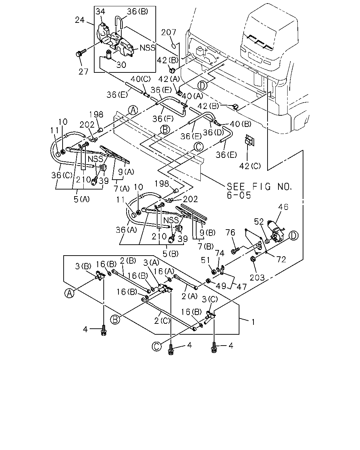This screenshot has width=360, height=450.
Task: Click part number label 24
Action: [80, 20]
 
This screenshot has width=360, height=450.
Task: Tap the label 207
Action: [169, 32]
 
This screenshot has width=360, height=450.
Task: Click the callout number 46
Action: [283, 207]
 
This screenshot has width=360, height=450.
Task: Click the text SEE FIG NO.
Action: [259, 186]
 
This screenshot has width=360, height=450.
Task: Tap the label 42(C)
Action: [250, 166]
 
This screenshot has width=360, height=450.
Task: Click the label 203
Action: [257, 278]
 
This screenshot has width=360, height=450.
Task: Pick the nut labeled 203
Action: [252, 259]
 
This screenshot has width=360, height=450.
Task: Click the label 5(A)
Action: [82, 199]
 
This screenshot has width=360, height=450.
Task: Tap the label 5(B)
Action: [171, 254]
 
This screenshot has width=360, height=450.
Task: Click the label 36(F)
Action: [163, 119]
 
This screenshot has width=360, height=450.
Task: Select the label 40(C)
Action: [141, 79]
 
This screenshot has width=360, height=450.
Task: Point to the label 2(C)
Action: [162, 321]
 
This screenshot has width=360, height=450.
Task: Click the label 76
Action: [230, 232]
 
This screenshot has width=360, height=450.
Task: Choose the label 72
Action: [281, 259]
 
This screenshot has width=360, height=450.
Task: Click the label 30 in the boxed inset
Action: [121, 65]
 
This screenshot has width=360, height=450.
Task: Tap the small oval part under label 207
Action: [174, 46]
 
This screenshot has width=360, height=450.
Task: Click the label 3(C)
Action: [210, 300]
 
